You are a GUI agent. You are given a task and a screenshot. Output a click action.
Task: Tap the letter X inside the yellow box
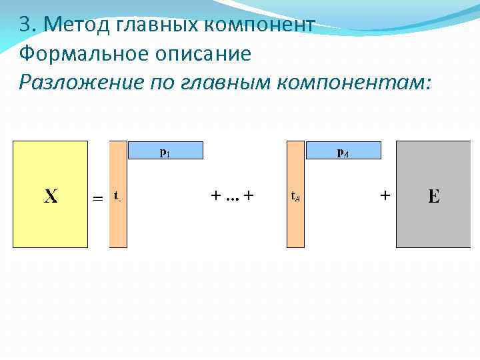point(51,196)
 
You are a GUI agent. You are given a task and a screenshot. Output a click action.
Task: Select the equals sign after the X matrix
point(97,198)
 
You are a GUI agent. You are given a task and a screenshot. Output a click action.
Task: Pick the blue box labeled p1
point(165,151)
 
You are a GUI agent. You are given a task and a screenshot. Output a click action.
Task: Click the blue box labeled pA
point(343,151)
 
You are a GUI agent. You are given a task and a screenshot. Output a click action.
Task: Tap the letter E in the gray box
point(434,196)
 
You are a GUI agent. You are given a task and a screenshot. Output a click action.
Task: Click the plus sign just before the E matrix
point(385,196)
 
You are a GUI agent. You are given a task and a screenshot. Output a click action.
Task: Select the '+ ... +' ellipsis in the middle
point(233,196)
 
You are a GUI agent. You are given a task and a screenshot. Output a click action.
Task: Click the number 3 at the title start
point(24,25)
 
